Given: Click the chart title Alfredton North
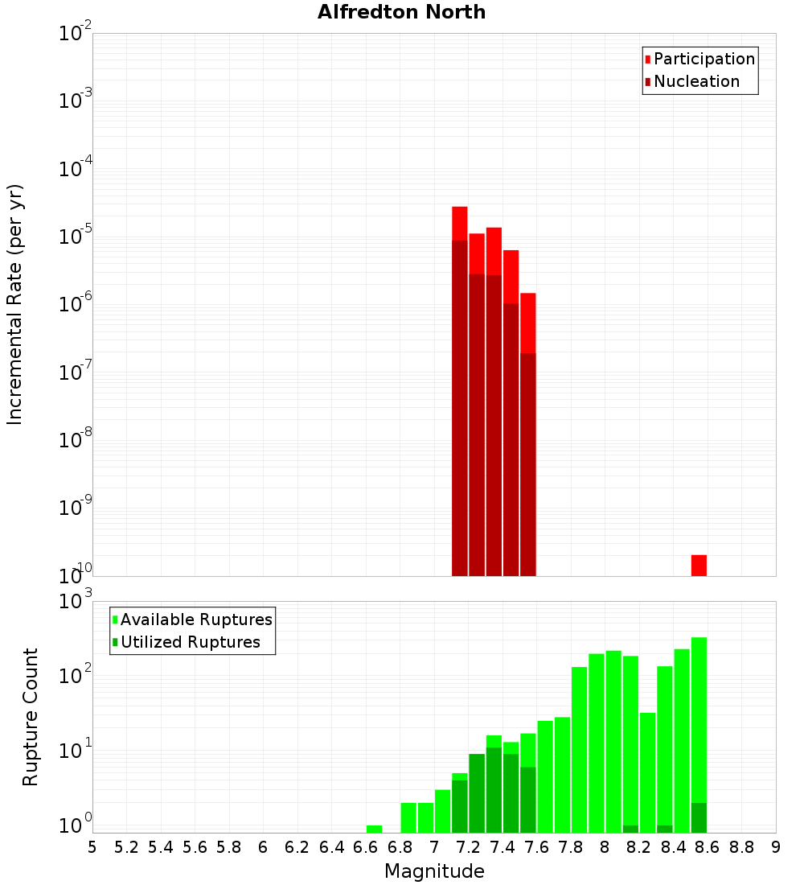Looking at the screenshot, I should (401, 12).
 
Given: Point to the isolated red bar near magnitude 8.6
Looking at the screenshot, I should (699, 565).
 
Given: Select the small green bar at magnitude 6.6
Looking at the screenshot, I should (374, 829).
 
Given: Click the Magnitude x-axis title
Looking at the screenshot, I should (434, 871).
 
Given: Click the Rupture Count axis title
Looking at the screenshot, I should (31, 717).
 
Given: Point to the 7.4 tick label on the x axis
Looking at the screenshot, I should (503, 847).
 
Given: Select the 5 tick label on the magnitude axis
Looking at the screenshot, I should (92, 847).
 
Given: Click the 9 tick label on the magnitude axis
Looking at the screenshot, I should (776, 847).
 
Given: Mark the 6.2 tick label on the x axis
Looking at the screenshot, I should (297, 847).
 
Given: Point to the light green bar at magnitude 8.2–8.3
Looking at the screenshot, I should (647, 772).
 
